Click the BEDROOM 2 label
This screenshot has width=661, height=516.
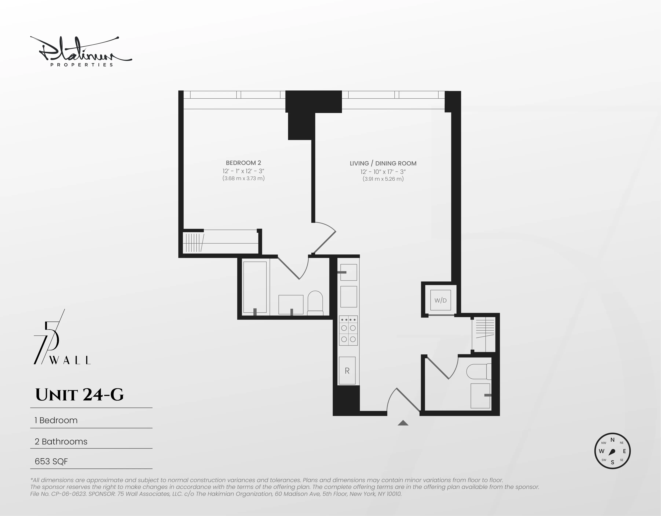point(243,163)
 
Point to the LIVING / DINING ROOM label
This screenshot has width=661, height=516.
point(383,163)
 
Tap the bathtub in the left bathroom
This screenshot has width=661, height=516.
point(255,287)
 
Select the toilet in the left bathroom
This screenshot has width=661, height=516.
point(315,303)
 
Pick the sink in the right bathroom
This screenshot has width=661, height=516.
point(480,395)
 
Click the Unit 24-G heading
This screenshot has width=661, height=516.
point(80,395)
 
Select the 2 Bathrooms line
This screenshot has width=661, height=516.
point(61,442)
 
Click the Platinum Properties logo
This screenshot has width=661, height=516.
point(81,52)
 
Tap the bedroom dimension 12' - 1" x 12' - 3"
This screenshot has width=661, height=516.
point(243,171)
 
